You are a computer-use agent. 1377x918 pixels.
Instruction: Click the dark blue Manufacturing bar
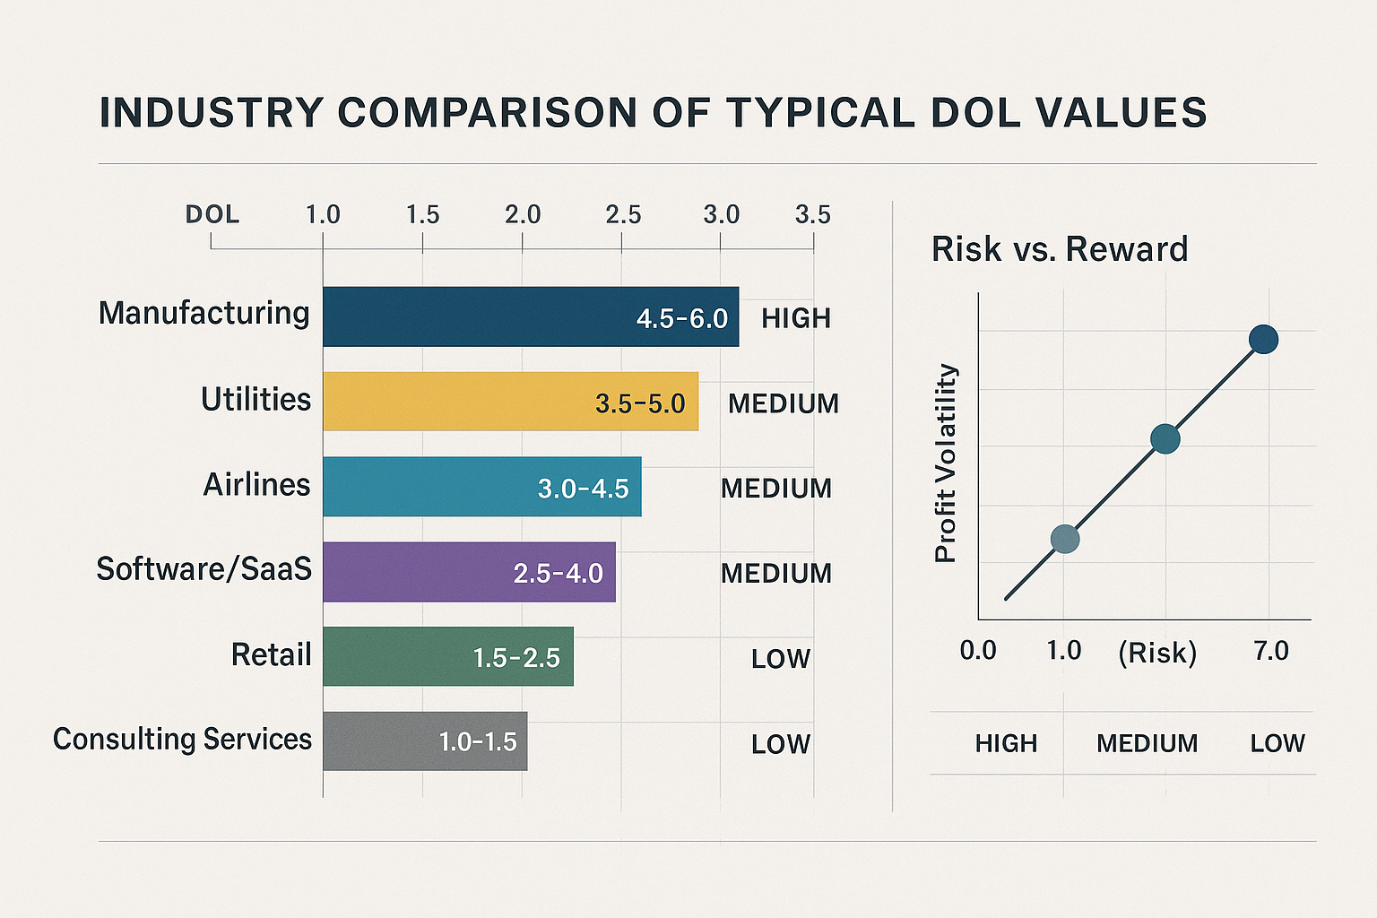[x=475, y=316]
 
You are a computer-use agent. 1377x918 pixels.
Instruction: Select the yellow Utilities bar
[x=457, y=402]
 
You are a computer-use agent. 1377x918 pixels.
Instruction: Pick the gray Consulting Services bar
[x=377, y=741]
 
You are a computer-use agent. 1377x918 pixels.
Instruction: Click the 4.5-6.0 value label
[x=681, y=318]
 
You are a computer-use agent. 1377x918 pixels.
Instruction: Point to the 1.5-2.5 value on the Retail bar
[x=516, y=658]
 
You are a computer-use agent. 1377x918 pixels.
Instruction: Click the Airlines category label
[x=256, y=485]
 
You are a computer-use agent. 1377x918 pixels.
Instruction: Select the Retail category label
[x=271, y=654]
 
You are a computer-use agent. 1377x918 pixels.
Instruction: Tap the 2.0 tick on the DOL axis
[x=523, y=215]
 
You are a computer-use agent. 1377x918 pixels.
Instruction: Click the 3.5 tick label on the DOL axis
[x=812, y=215]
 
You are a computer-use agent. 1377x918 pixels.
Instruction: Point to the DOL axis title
[x=212, y=215]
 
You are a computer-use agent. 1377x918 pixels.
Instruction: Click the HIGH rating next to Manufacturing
[x=796, y=318]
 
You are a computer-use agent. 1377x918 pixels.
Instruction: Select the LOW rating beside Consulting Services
[x=781, y=744]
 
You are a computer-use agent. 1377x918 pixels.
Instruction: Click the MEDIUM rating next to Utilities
[x=784, y=403]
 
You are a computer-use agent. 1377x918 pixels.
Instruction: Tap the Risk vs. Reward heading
[x=1060, y=249]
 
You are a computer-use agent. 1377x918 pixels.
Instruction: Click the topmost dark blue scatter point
[x=1263, y=340]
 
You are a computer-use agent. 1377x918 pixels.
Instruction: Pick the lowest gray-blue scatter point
[x=1064, y=539]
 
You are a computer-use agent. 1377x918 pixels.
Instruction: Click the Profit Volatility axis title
[x=946, y=463]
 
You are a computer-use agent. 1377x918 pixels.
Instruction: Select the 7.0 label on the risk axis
[x=1271, y=651]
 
